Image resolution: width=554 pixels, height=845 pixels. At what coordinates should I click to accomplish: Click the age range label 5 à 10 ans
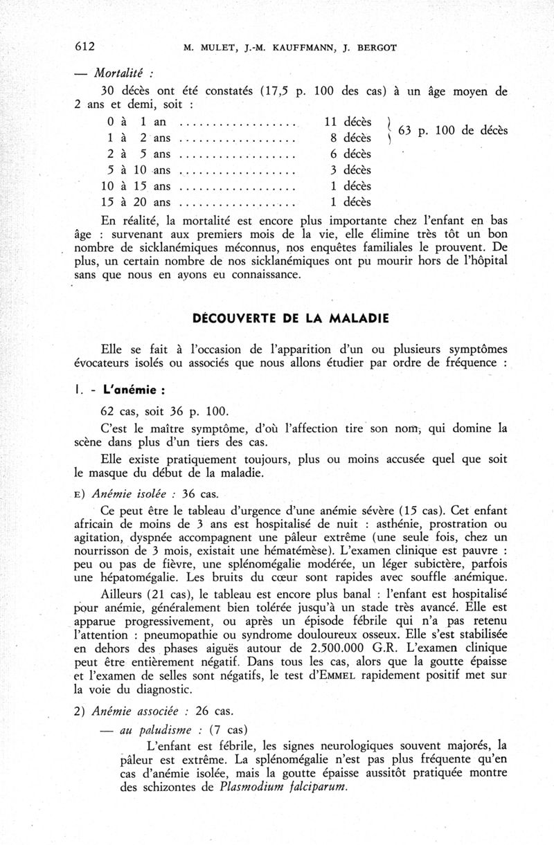coord(135,170)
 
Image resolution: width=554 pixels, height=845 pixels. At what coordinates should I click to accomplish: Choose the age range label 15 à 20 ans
coord(135,202)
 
